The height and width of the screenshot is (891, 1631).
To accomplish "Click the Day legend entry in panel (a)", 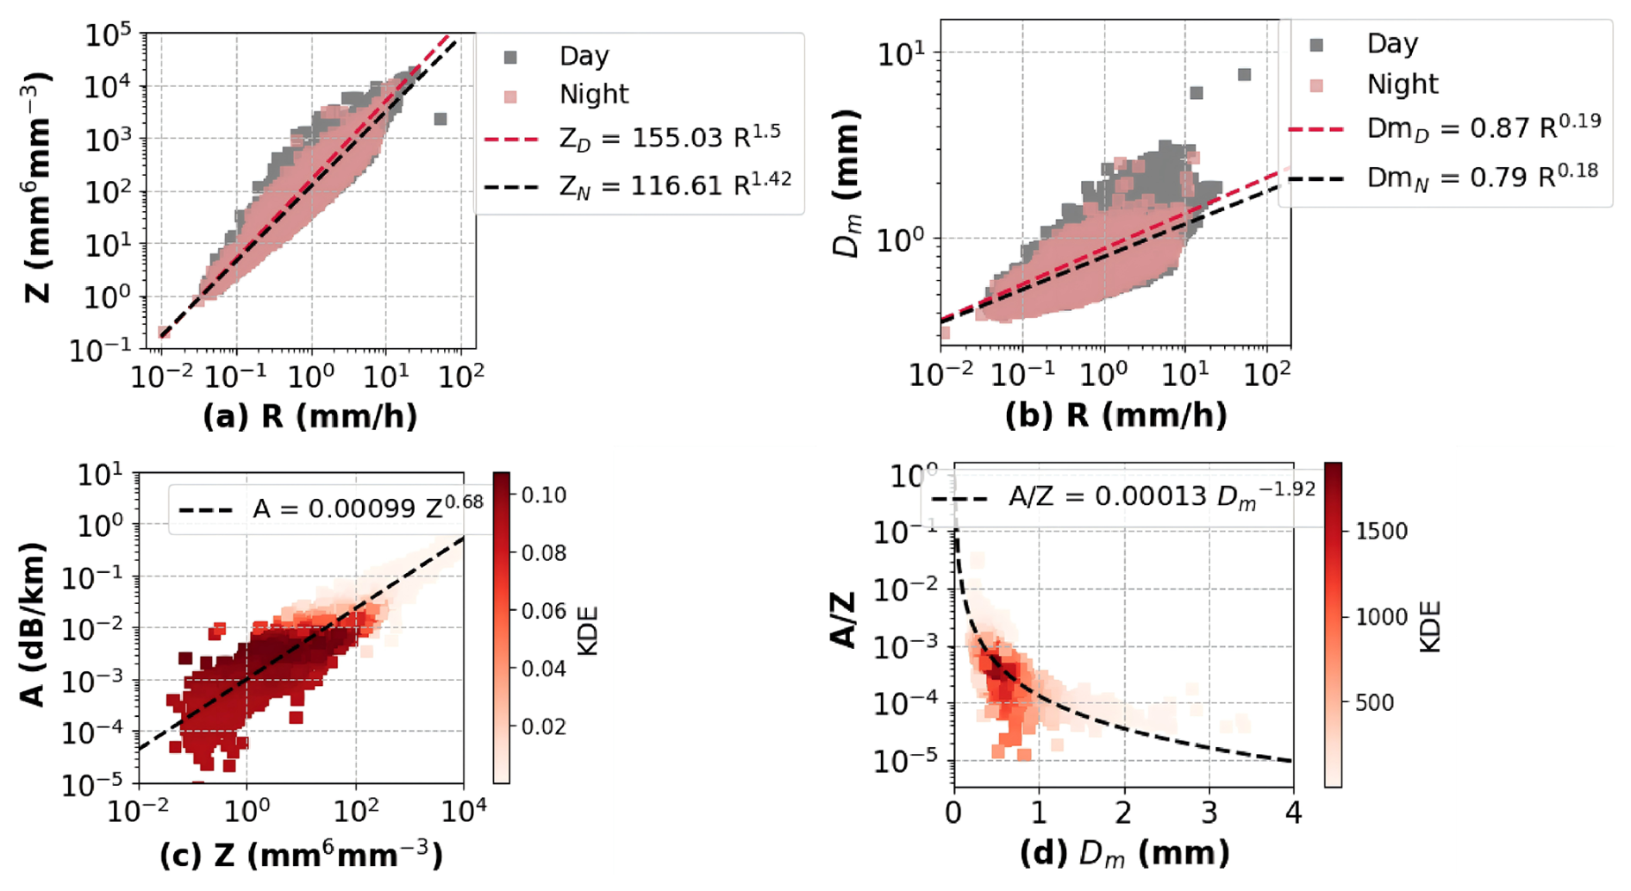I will [x=584, y=56].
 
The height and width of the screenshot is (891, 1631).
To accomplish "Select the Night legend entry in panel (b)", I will [x=1402, y=84].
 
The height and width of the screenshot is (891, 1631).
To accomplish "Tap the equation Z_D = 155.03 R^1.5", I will [x=671, y=137].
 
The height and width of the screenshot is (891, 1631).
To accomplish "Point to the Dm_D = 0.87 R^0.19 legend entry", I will [x=1484, y=127].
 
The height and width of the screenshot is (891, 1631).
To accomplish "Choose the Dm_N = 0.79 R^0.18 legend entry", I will [x=1482, y=176].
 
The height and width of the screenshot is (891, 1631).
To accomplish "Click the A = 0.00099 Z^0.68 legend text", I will [x=367, y=508].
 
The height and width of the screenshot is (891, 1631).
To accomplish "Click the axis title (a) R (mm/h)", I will [x=310, y=416].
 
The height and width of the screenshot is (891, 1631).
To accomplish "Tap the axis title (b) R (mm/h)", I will [x=1115, y=415].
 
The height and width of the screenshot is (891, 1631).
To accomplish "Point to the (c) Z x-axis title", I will [x=302, y=855].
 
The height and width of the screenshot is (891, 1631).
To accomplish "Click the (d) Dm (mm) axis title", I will [x=1124, y=853].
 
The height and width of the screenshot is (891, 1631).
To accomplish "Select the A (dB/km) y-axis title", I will [x=33, y=624].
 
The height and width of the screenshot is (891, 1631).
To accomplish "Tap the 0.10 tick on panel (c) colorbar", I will [x=543, y=495].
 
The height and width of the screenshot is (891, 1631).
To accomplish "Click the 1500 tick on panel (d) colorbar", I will [x=1381, y=531].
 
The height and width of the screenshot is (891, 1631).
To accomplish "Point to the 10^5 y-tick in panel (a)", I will [x=108, y=35].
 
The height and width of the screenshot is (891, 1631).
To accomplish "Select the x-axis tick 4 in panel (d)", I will [x=1292, y=813].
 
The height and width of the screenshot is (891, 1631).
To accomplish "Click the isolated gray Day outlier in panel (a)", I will [x=440, y=119].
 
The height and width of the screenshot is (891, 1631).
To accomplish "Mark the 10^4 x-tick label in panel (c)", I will [x=463, y=812].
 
